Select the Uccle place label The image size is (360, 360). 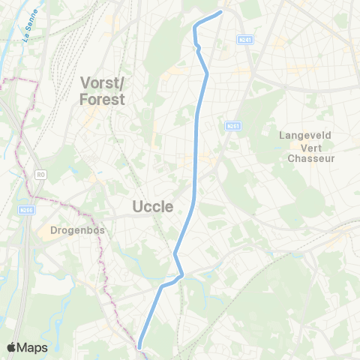click(x=153, y=206)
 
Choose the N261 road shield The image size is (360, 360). click(x=233, y=127)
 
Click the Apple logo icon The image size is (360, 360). click(x=11, y=347)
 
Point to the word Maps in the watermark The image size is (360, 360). click(x=32, y=347)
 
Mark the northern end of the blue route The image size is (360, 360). click(x=221, y=11)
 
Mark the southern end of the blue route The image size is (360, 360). click(x=139, y=346)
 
